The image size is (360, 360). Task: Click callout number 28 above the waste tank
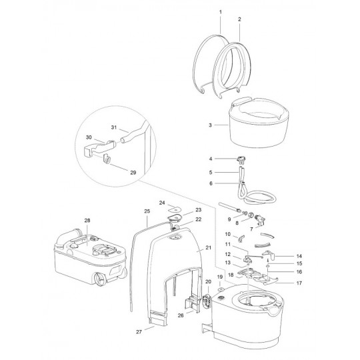pos(87,221)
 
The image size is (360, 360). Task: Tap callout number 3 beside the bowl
pos(210,125)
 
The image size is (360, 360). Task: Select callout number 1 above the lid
pos(221,12)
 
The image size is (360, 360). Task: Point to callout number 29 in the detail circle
pos(133,173)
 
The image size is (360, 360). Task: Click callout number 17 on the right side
pos(299,283)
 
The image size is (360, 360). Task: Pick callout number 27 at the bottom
pos(139,332)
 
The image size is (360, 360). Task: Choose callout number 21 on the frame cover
pos(208,248)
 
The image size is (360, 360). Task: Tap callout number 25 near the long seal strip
pos(147,211)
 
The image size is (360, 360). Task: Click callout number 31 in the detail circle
pos(114,127)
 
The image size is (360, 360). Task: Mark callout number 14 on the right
pos(299,256)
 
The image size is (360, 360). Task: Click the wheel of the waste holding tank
pos(100,279)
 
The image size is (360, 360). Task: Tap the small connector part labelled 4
pos(241,160)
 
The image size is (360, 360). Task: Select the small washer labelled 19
pos(221,289)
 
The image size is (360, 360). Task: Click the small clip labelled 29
pos(107,159)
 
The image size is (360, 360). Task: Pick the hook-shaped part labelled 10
pos(241,238)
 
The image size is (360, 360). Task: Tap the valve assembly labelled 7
pos(259,220)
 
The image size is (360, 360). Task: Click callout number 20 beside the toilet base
pos(208,282)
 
